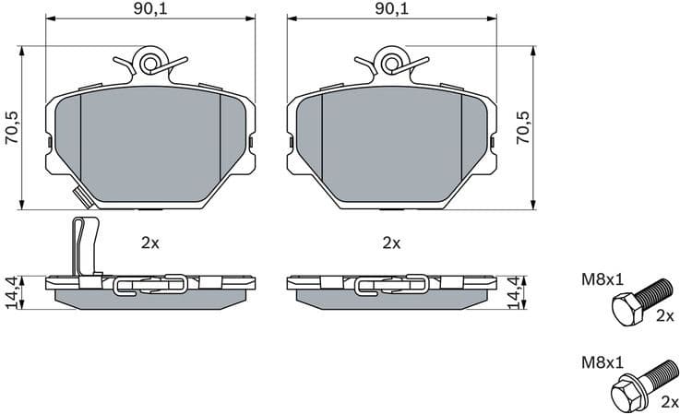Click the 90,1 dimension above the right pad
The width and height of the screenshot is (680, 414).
click(x=391, y=9)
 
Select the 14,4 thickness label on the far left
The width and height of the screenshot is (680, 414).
click(x=10, y=291)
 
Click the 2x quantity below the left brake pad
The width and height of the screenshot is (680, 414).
click(x=150, y=243)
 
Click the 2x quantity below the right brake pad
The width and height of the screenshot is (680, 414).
click(x=391, y=243)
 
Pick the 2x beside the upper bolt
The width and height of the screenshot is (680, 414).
click(x=664, y=316)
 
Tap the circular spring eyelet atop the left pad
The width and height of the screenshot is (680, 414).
click(x=150, y=63)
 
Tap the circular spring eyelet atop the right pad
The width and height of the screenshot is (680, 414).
click(x=391, y=63)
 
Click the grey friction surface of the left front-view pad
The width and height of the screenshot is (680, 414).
click(x=150, y=138)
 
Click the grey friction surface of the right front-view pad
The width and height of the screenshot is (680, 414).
click(x=391, y=138)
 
